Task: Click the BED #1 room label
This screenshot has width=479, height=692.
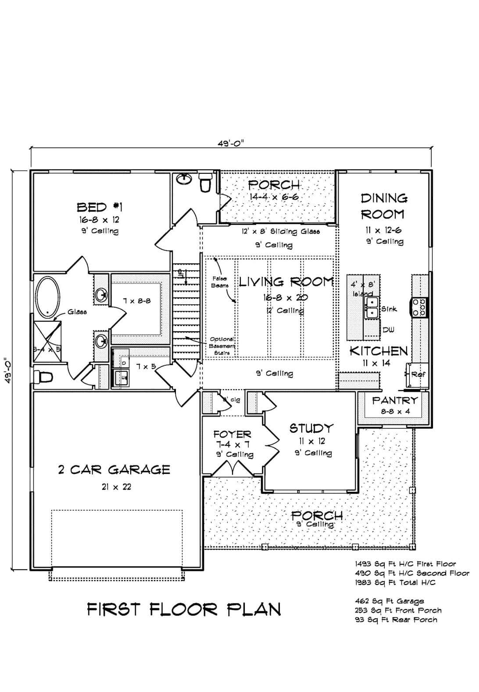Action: point(100,207)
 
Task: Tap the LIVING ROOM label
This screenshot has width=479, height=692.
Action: point(286,282)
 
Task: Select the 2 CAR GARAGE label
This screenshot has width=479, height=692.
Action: point(114,470)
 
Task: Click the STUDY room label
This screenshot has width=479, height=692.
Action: point(311,428)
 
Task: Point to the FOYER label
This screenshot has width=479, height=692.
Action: point(232,434)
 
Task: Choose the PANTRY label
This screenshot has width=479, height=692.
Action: point(395,401)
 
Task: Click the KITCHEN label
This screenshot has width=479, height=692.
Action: point(379,351)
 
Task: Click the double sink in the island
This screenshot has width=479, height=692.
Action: point(372,307)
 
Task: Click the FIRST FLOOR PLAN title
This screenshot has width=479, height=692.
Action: point(184,610)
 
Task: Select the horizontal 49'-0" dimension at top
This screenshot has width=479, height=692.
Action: point(230,143)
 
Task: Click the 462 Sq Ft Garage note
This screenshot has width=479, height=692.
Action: point(390,601)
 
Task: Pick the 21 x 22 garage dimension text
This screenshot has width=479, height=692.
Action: point(114,487)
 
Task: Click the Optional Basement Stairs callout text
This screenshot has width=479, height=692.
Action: point(222,345)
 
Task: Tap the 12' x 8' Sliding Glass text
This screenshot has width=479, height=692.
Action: point(281,231)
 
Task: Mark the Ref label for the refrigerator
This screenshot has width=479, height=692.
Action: point(418,375)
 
